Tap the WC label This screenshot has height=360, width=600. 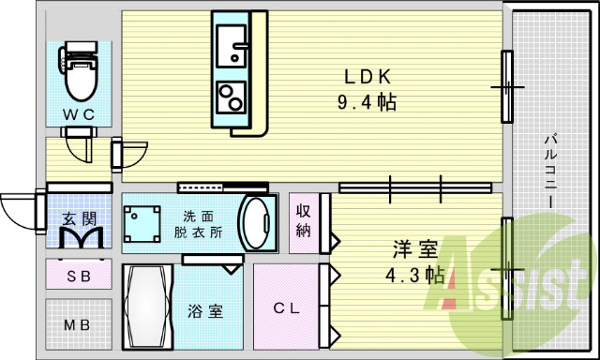79,114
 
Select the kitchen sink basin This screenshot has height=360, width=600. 232,46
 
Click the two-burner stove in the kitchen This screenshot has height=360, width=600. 231,97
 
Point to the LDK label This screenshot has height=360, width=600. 367,77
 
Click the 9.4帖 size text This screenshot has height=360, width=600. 367,102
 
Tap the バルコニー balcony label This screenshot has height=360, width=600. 551,171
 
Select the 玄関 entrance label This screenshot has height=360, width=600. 79,218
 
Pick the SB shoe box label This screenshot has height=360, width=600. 79,276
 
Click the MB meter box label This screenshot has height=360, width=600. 77,325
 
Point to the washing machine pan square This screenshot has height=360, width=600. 142,224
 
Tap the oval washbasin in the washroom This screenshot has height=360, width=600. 256,223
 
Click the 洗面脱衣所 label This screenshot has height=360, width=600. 198,225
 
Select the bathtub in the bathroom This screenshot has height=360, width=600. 147,307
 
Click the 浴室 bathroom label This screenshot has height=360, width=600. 205,311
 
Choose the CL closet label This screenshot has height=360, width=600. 287,308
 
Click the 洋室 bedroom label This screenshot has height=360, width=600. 415,249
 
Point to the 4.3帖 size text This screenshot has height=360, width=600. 415,275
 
